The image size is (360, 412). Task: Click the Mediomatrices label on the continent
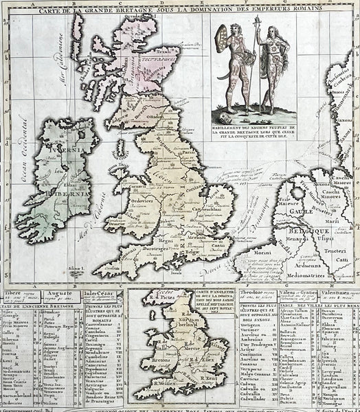(324, 260)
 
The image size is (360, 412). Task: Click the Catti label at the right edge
(339, 261)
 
